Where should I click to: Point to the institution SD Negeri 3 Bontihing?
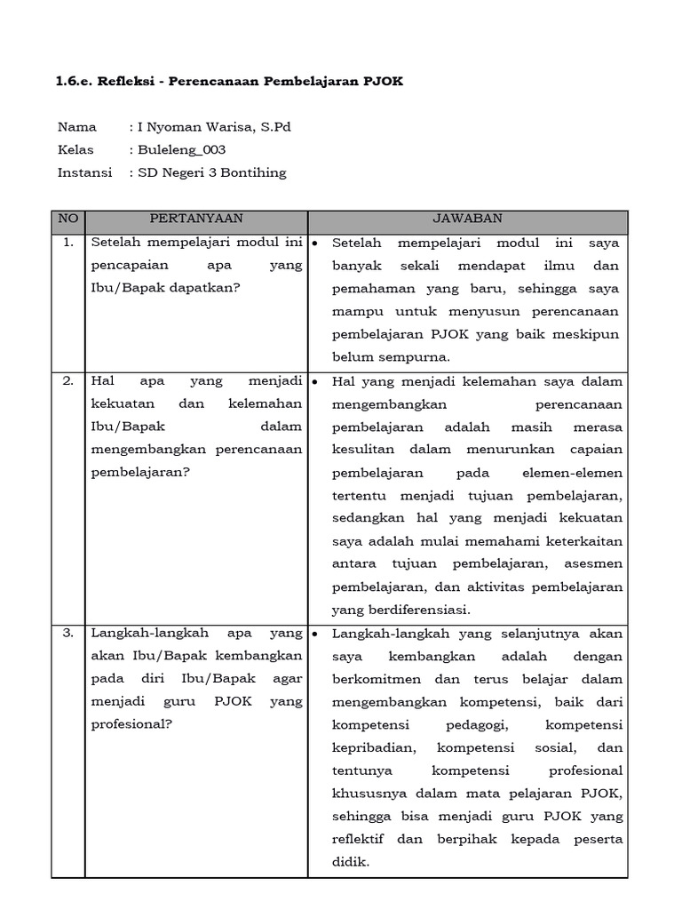click(x=211, y=173)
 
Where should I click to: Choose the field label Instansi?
click(x=84, y=173)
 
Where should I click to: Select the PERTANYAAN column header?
click(x=196, y=219)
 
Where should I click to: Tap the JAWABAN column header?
click(x=467, y=219)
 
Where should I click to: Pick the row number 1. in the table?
click(x=68, y=243)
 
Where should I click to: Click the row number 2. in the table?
click(x=68, y=381)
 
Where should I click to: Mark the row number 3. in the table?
click(x=68, y=634)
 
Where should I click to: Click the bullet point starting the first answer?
click(x=315, y=243)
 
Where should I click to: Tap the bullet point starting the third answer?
click(x=315, y=634)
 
